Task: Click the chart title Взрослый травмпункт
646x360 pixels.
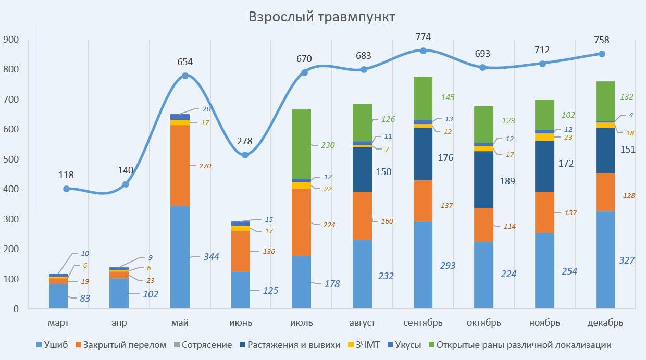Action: [322, 17]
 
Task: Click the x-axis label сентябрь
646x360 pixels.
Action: [423, 322]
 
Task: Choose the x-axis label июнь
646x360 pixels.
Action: [241, 322]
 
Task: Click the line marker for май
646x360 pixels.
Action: [185, 76]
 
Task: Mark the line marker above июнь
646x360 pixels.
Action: [245, 155]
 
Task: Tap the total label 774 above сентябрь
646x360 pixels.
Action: [423, 37]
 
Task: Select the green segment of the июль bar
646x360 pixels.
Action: [301, 144]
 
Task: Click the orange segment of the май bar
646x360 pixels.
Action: [180, 166]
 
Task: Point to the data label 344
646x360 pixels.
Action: [211, 256]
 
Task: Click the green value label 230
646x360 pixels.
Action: [328, 145]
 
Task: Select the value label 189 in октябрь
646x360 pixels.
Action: [507, 181]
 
